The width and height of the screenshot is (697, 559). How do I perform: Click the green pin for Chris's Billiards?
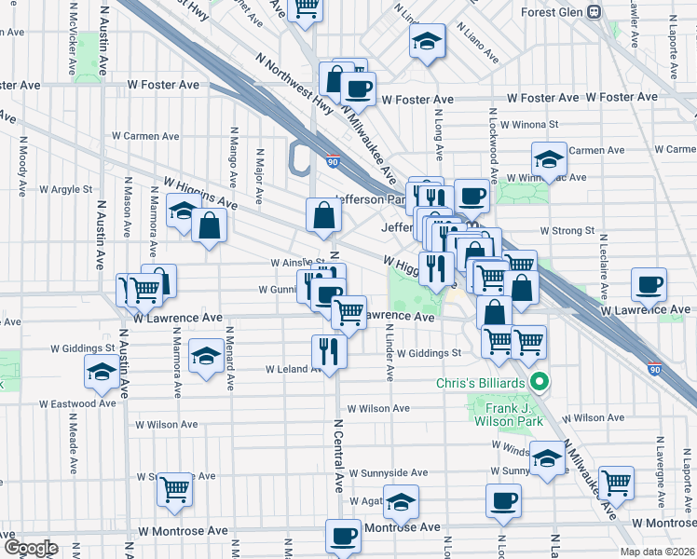point(538,382)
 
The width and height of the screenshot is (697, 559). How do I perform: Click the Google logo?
point(30,547)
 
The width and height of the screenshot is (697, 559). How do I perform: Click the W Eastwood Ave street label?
point(77,403)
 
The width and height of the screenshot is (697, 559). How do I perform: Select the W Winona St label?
point(528,124)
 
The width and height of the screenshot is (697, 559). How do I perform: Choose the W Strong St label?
point(567,230)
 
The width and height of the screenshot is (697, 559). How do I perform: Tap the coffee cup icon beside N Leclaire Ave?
point(649,284)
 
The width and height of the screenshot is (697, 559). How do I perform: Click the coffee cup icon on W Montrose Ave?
point(343,537)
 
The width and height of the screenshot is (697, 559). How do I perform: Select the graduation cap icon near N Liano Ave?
point(427,43)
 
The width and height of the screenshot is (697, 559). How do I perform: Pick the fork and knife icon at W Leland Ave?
point(329,350)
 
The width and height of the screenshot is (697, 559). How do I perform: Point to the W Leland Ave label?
point(294,369)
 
